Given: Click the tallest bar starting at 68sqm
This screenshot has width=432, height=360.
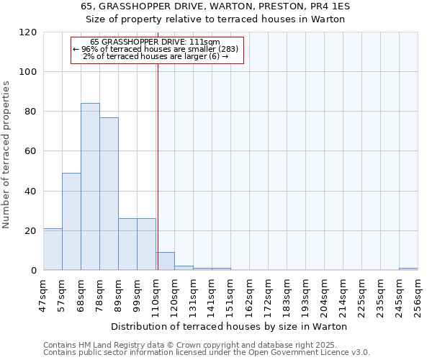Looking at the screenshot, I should coord(90,187).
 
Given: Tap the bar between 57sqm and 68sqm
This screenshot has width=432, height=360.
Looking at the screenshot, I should coord(71,222).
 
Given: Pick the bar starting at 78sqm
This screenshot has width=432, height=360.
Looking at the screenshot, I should coord(109,194).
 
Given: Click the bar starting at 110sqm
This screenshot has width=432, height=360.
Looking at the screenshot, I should coord(165,261).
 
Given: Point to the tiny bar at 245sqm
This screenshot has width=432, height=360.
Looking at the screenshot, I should coord(408,269).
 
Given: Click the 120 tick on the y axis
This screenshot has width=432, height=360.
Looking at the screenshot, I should coord(28,32).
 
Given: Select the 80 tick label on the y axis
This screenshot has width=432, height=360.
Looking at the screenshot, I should coord(31,112).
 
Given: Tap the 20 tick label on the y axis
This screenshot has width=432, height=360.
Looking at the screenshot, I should coord(31,231).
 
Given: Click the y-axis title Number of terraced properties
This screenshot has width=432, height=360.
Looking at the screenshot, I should coord(6,155).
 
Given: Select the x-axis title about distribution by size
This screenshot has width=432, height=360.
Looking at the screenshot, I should coord(230,326).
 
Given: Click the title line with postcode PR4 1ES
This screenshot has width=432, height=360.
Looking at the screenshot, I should coord(215,6).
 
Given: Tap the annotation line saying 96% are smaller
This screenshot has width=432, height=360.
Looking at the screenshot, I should coord(158,49).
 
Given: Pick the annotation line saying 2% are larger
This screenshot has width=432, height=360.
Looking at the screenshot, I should coord(156,56).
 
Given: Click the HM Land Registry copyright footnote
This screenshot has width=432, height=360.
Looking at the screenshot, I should coord(195,345).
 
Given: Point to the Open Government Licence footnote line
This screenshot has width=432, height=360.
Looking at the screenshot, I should coord(207,353).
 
